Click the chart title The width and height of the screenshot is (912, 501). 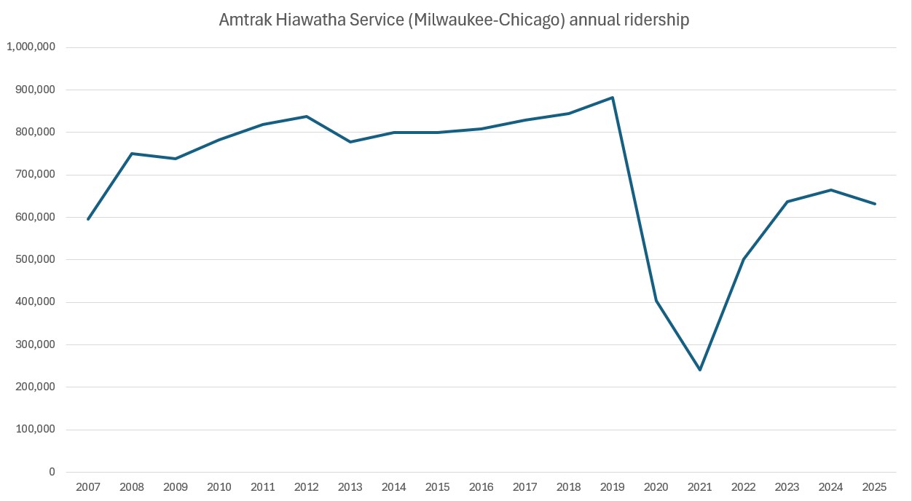tap(454, 20)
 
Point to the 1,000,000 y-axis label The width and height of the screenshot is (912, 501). tap(31, 47)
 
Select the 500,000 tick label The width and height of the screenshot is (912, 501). tap(35, 260)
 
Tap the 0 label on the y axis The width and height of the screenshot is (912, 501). tap(51, 472)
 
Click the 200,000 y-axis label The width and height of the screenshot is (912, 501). tap(35, 387)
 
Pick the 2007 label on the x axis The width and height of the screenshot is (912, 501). tap(88, 486)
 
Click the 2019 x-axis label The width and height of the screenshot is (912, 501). tap(613, 486)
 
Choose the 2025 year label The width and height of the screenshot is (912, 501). tap(875, 486)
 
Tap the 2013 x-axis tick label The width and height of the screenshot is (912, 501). tap(350, 486)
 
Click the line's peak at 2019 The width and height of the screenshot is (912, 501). tap(613, 98)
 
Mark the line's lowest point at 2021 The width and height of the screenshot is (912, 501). tap(700, 370)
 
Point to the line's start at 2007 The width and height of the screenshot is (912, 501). tap(88, 219)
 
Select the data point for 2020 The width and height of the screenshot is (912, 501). tap(656, 301)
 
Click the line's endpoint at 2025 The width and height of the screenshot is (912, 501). tap(875, 204)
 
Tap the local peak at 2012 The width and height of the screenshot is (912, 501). tap(307, 117)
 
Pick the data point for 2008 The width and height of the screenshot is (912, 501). tap(132, 154)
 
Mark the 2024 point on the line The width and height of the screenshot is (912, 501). tap(831, 190)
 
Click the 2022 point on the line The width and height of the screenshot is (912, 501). tap(744, 259)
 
